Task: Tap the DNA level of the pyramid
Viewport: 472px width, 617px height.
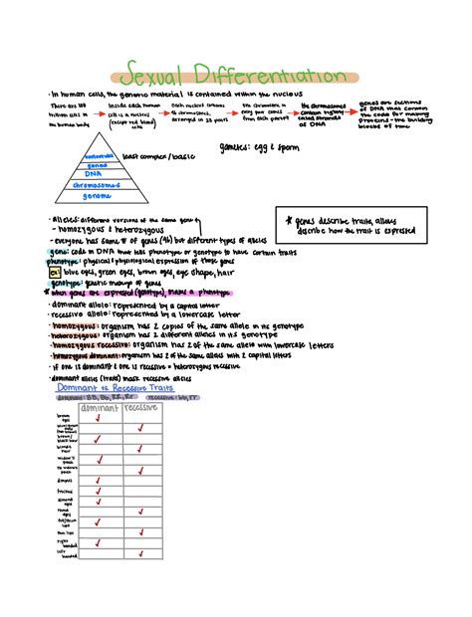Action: tap(100, 173)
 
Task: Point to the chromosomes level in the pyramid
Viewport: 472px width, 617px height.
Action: tap(99, 184)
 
